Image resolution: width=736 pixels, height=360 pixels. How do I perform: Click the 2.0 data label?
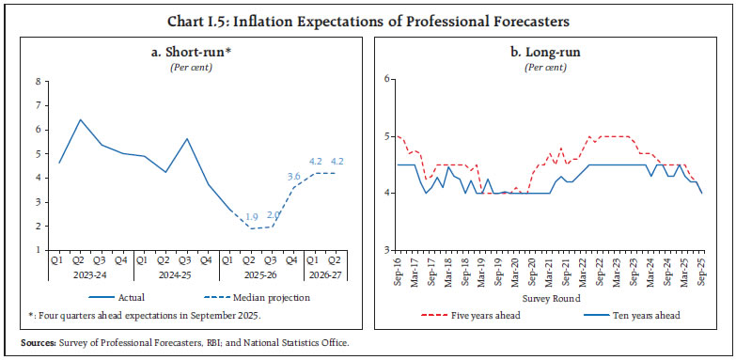(273, 215)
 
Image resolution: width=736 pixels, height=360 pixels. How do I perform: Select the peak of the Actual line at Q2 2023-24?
(80, 119)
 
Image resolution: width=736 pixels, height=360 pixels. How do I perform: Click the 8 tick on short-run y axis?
(39, 81)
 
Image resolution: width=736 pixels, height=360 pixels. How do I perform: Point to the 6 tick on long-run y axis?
(384, 79)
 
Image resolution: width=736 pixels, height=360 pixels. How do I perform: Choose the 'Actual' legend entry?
(122, 297)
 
